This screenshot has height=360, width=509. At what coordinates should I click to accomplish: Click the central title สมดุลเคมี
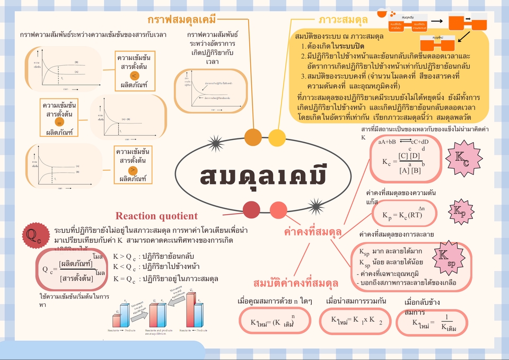[x=262, y=177]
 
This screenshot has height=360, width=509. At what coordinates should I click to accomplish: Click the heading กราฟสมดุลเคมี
[x=182, y=20]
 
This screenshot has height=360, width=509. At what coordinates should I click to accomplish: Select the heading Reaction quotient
[x=156, y=216]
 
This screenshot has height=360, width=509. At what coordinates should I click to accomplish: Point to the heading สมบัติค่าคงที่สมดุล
[x=296, y=282]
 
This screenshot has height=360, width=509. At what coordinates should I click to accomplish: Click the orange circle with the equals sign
[x=59, y=121]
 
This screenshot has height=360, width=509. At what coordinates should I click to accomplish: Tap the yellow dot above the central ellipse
[x=276, y=137]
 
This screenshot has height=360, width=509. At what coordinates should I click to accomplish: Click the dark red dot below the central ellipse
[x=251, y=210]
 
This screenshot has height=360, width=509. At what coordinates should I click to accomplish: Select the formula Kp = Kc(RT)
[x=402, y=215]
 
